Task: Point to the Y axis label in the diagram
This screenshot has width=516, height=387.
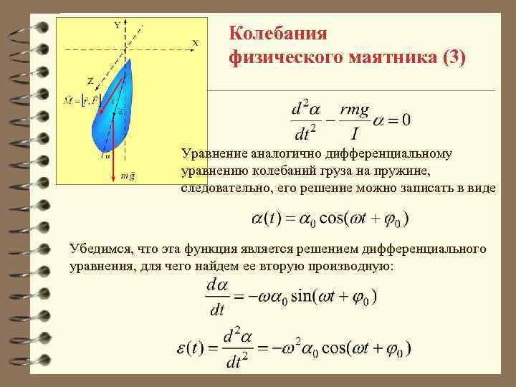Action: point(117,25)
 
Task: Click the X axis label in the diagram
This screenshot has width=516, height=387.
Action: point(194,43)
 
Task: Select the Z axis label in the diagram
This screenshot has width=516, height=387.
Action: point(90,81)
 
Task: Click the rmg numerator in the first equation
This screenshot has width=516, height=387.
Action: point(355,110)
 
